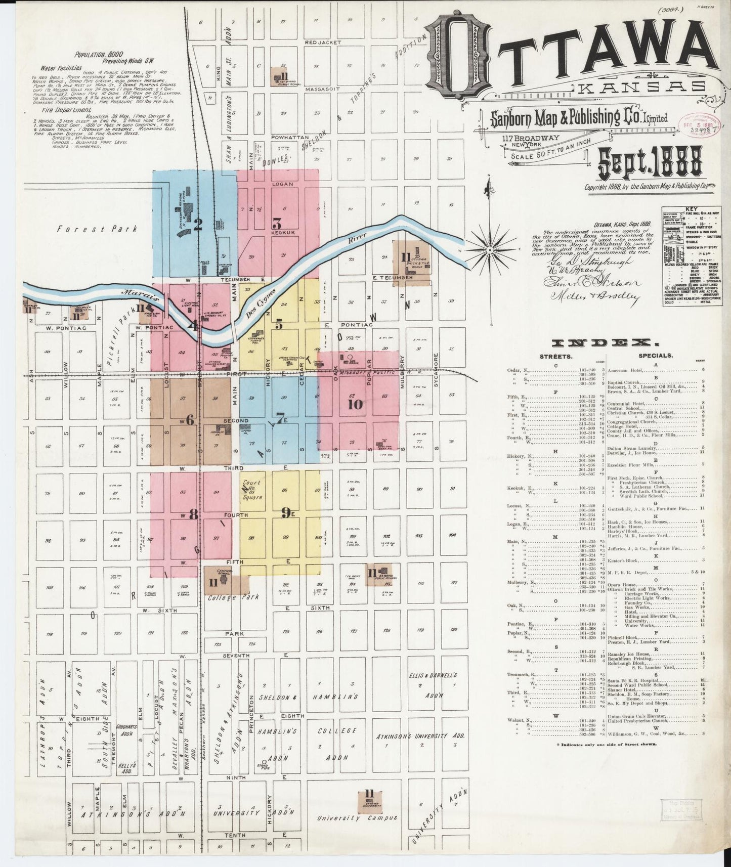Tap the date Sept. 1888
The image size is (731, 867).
tap(650, 163)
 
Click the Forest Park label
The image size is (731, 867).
tap(98, 229)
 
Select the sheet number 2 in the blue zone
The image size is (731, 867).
tap(198, 224)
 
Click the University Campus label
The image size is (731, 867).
tap(357, 817)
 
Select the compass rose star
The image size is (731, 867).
tap(489, 250)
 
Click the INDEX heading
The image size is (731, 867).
tap(604, 343)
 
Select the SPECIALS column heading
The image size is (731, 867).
tap(656, 356)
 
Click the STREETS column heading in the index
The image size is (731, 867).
tap(556, 356)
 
